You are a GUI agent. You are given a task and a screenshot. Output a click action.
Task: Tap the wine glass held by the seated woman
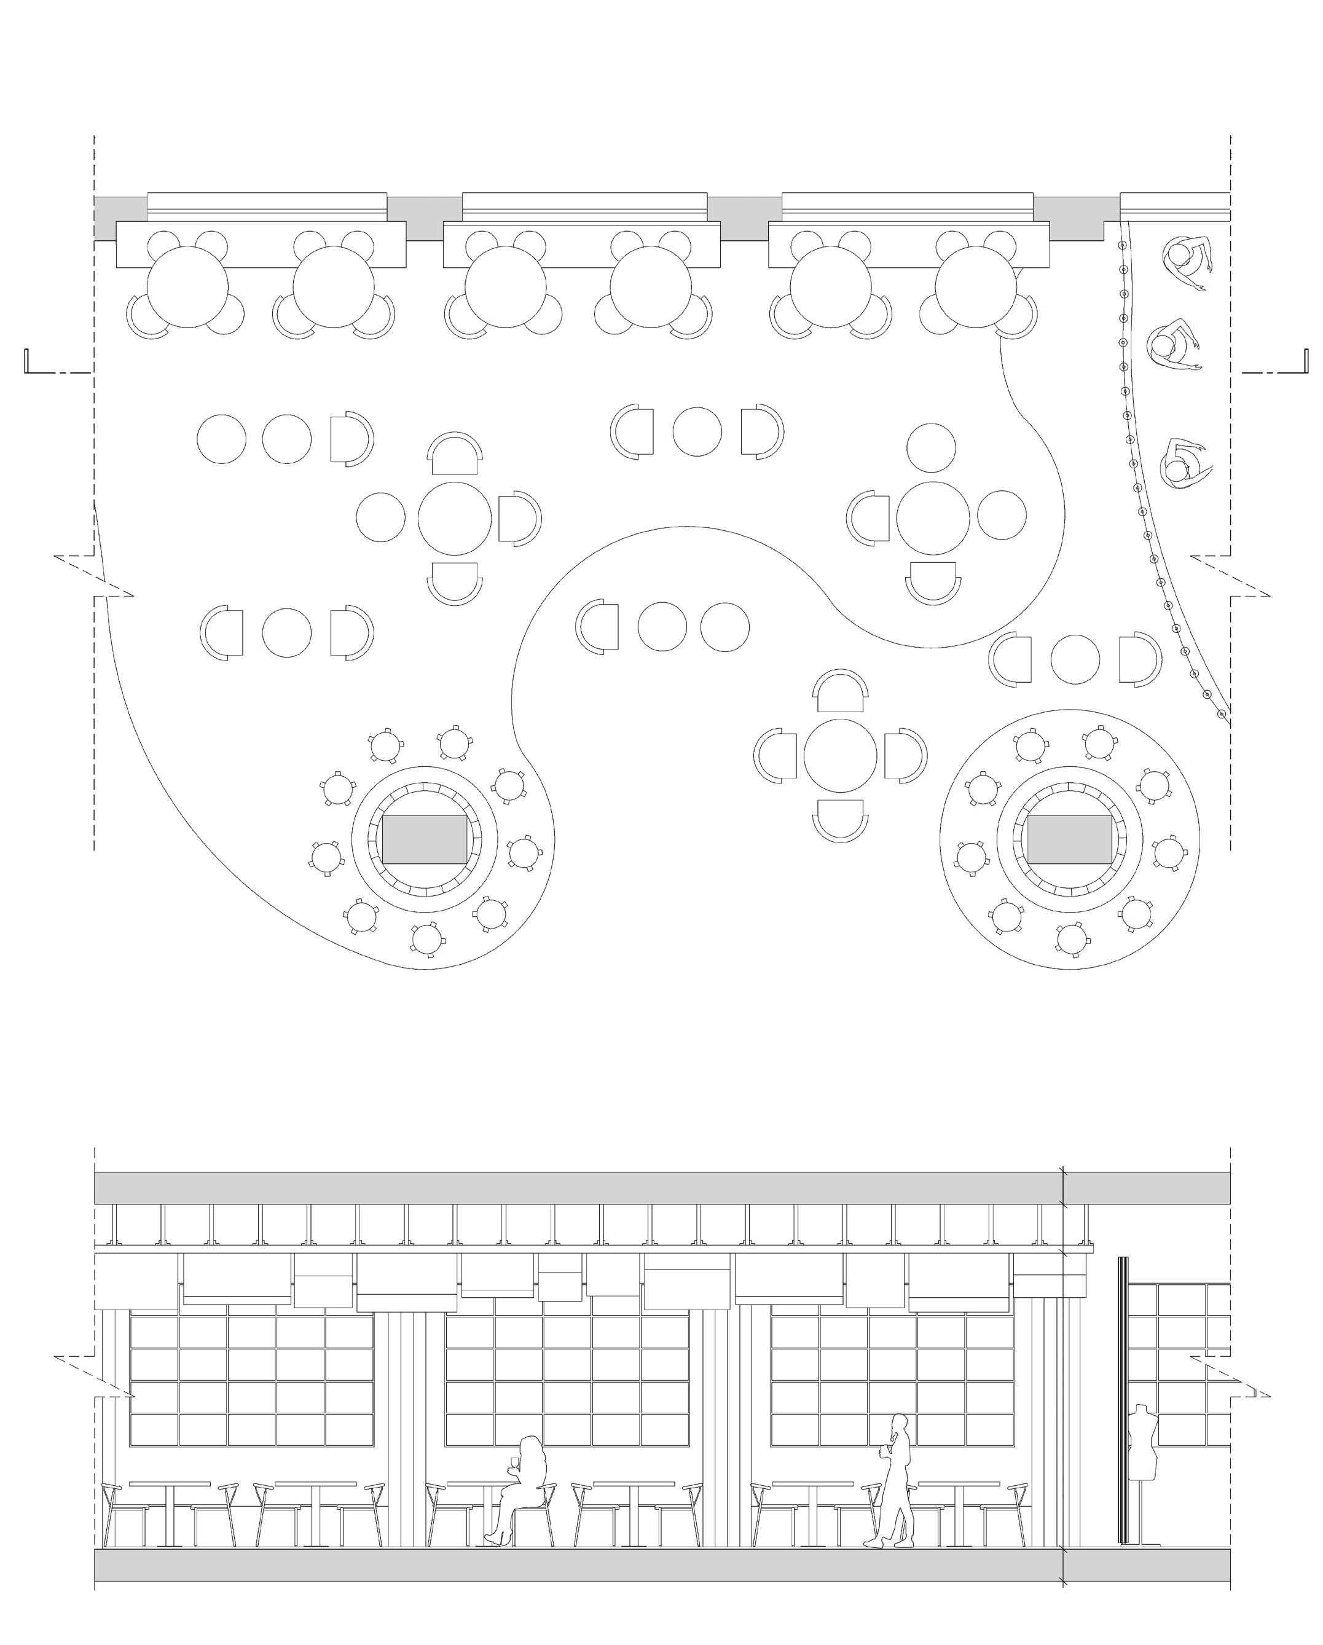pyautogui.click(x=514, y=1462)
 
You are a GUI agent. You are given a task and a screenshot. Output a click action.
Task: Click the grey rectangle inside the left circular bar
pyautogui.click(x=424, y=839)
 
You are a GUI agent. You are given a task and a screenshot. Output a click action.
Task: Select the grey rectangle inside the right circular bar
pyautogui.click(x=1069, y=839)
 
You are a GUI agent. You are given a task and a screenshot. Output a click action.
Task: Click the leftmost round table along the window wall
pyautogui.click(x=187, y=287)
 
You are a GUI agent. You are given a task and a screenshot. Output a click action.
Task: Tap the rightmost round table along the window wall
pyautogui.click(x=976, y=287)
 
